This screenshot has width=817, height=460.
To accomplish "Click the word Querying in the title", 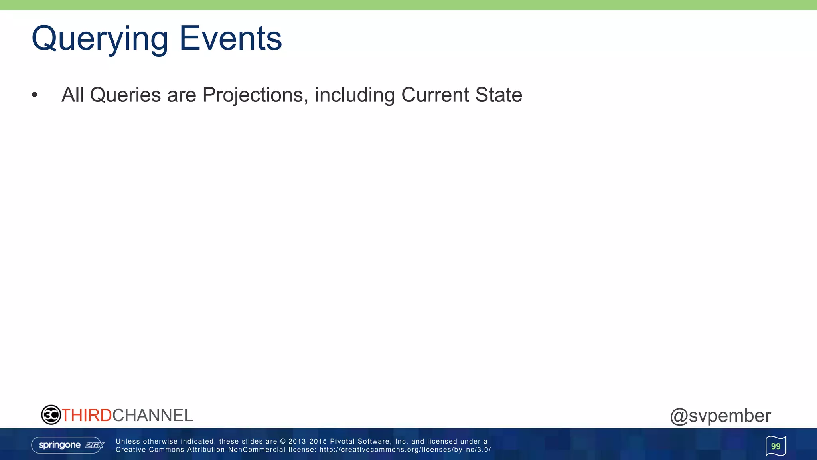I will coord(100,39).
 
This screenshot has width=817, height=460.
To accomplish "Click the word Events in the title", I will coord(231,38).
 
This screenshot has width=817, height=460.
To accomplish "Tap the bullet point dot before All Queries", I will coord(35,95).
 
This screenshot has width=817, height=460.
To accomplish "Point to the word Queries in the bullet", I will coord(125,95).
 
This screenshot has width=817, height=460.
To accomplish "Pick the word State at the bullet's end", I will coord(499,95).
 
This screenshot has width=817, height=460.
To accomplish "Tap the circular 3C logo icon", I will coord(51,415).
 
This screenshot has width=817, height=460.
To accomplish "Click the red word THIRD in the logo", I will coord(87,415).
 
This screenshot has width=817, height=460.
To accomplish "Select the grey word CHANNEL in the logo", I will coord(152,415).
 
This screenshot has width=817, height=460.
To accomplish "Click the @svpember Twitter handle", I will coord(720,416).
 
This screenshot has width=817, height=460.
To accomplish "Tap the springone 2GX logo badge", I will coord(68,445).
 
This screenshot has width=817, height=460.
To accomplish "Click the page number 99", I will coord(776,446).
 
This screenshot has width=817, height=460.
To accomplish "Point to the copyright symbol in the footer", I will coord(283,441).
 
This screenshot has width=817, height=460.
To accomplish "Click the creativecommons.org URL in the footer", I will coord(405,450).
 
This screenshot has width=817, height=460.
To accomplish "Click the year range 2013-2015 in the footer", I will coord(307,441).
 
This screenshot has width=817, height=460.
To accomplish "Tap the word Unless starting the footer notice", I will coord(128,441).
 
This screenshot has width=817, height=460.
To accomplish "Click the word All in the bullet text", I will coord(73,95).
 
